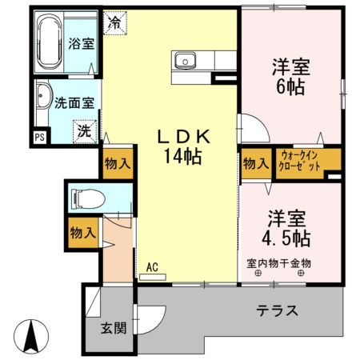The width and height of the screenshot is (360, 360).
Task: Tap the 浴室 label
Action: [x=80, y=43]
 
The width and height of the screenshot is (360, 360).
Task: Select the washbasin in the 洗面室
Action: [x=42, y=102]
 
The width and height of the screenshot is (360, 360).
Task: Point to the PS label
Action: [x=38, y=137]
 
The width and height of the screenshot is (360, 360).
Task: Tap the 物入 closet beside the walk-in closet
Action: [x=255, y=163]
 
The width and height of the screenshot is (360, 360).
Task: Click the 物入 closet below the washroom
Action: [x=117, y=164]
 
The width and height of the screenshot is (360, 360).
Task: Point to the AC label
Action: [x=152, y=268]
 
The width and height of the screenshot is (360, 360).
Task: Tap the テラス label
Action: [x=278, y=311]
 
